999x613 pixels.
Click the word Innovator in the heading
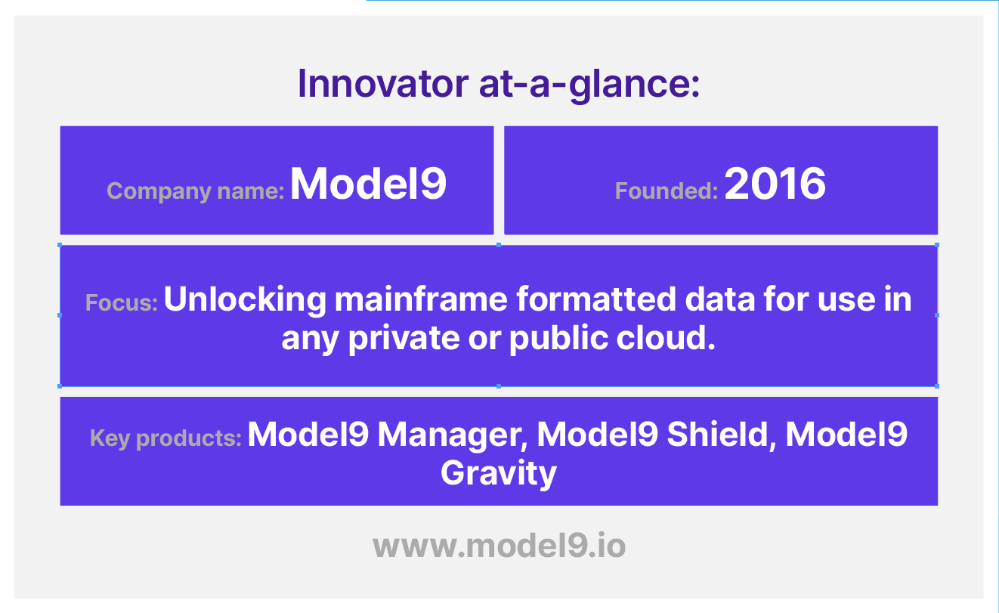(383, 83)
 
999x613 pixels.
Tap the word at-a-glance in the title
(589, 85)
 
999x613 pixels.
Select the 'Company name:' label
(195, 192)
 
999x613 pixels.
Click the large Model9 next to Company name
(368, 184)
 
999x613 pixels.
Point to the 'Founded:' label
(667, 190)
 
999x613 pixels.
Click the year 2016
(775, 184)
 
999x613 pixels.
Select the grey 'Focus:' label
(122, 302)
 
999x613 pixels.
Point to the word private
(404, 339)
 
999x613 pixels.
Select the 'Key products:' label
(165, 438)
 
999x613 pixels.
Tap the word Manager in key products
(453, 435)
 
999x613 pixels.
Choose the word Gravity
(499, 474)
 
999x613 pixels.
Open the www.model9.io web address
(499, 546)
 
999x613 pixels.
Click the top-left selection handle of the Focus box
(60, 245)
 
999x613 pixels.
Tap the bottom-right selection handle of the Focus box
(937, 386)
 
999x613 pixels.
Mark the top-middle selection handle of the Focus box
(499, 245)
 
